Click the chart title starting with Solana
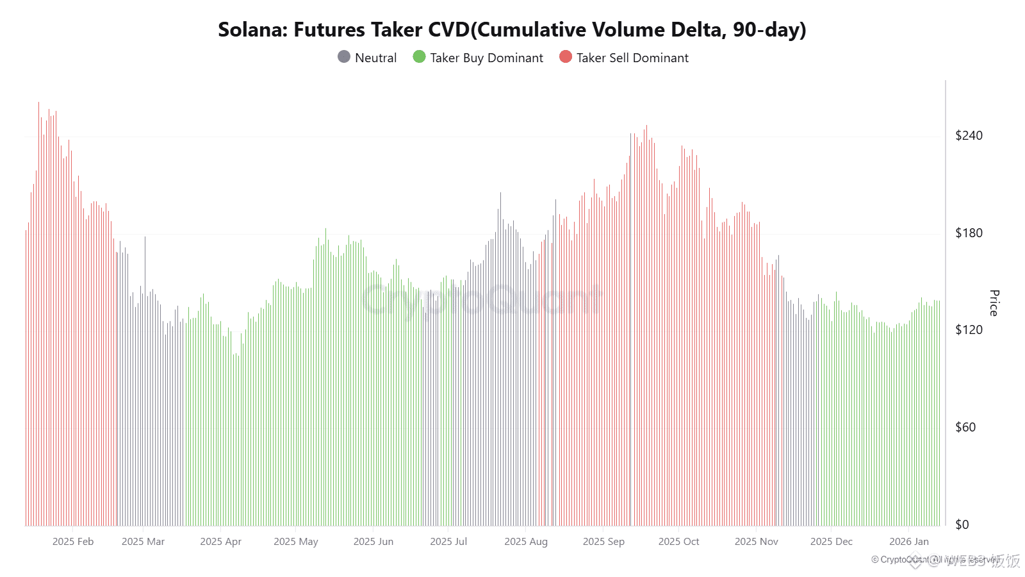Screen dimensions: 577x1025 (x=512, y=29)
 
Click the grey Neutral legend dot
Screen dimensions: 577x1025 (x=344, y=57)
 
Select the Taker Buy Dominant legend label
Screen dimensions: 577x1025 (x=486, y=58)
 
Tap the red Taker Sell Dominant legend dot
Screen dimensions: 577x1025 (x=566, y=57)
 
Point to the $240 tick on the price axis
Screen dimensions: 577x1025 (x=969, y=135)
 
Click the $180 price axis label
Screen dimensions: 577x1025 (x=969, y=233)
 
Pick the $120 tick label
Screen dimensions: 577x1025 (x=969, y=330)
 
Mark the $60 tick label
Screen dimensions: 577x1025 (x=965, y=427)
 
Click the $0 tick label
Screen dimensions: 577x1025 (x=962, y=524)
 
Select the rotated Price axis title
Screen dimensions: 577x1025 (x=994, y=303)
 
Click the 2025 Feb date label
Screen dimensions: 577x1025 (x=73, y=542)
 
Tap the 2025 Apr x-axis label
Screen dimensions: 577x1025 (x=220, y=542)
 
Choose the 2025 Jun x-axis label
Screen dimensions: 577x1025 (x=373, y=542)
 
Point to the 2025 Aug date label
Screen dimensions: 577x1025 (x=526, y=542)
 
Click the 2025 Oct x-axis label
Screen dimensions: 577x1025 (x=678, y=542)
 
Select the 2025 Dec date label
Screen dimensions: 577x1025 (x=832, y=542)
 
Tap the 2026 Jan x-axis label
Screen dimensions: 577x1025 (x=908, y=542)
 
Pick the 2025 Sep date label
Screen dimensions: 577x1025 (x=603, y=542)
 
